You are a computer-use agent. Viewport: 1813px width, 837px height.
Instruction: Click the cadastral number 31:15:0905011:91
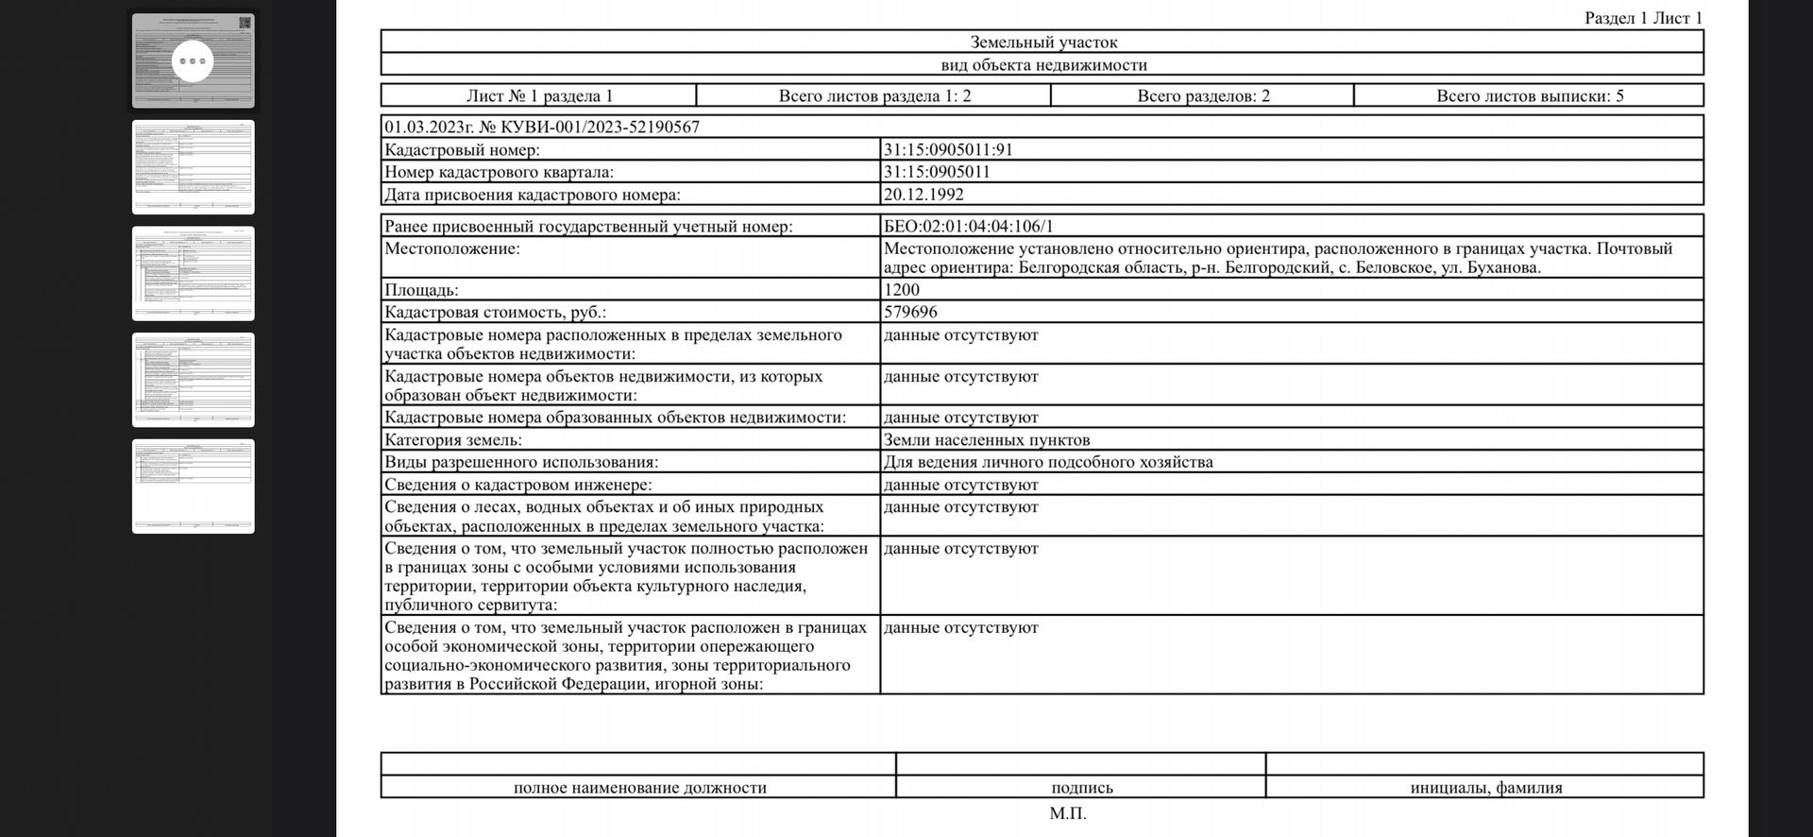(948, 149)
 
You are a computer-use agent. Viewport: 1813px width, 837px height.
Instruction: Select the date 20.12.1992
(923, 195)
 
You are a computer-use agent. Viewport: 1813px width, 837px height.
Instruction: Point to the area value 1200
(902, 290)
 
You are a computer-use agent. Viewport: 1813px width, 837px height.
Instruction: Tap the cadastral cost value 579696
(910, 312)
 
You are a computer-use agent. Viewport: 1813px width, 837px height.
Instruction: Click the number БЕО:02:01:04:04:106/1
(968, 227)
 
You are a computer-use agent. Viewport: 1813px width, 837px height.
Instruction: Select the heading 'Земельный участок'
(1043, 43)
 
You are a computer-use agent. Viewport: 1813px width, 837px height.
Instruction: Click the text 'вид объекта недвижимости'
(1043, 65)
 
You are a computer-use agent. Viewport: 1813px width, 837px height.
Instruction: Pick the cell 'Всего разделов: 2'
(1203, 95)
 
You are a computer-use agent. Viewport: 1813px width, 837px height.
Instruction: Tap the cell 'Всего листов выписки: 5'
(1530, 95)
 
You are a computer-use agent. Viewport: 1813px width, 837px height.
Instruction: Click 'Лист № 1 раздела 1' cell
(539, 95)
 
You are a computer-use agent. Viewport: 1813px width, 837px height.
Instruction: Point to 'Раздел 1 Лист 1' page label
(1643, 18)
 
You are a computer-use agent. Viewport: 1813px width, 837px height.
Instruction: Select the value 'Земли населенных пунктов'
(987, 440)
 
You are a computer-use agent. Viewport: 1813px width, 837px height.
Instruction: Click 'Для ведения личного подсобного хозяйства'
(1048, 462)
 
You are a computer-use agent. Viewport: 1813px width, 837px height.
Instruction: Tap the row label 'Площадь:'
(421, 290)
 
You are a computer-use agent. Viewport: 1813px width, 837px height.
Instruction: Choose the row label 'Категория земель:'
(453, 440)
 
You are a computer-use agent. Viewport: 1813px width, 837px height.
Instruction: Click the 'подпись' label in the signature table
(1082, 788)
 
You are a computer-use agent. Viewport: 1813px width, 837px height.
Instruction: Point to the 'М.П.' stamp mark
(1068, 813)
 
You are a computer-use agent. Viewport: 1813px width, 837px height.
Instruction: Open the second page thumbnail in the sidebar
(194, 167)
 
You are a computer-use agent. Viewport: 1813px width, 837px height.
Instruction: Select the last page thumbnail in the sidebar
(194, 487)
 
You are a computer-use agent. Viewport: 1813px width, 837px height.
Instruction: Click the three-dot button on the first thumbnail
(193, 61)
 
